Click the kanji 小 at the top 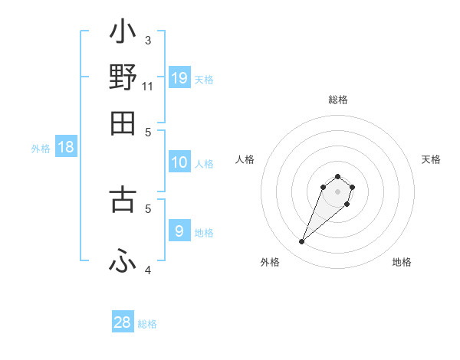(123, 34)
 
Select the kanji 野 (123, 77)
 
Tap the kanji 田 (123, 123)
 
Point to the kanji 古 (123, 198)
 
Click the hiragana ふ (123, 262)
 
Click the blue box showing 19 (179, 78)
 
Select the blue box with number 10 (179, 162)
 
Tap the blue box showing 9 (179, 231)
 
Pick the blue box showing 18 (66, 148)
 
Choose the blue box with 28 (123, 322)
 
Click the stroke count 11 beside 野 (148, 87)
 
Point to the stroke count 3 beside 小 (148, 41)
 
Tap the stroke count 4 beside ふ (148, 270)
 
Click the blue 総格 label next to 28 (147, 324)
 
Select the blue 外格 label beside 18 (41, 149)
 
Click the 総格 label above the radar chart (337, 100)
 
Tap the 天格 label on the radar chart (432, 159)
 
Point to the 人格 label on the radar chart (245, 159)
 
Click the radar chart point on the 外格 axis (302, 242)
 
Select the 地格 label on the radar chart (402, 262)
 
